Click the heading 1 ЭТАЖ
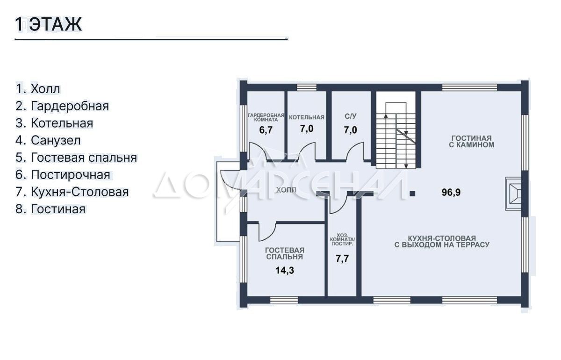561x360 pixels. pos(49,24)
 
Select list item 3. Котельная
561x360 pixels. pos(54,123)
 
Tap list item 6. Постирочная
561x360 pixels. pos(63,175)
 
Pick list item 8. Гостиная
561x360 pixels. pos(50,209)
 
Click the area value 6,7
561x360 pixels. pos(266,130)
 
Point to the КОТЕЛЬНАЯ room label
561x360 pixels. pos(307,117)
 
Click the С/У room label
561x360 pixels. pos(350,116)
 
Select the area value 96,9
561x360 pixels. pos(451,193)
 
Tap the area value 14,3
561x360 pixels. pos(285,270)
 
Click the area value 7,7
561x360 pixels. pos(342,259)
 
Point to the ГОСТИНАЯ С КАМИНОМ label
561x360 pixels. pos(471,142)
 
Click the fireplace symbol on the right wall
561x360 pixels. pos(513,194)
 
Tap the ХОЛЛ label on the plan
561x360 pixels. pos(286,190)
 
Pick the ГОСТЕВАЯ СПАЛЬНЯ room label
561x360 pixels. pos(285,253)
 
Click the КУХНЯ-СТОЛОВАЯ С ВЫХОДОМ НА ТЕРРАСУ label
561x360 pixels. pos(442,242)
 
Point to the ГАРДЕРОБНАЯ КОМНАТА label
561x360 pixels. pos(266,117)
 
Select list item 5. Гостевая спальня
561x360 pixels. pos(76,158)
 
